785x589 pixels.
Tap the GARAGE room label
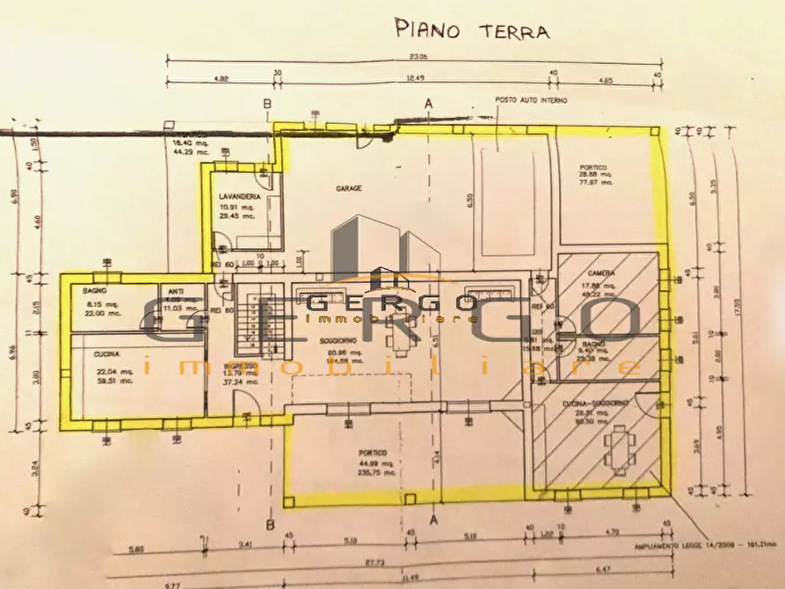point(349,187)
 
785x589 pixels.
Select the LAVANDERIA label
point(239,197)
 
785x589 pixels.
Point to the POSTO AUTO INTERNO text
point(530,100)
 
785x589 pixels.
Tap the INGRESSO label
point(239,366)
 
